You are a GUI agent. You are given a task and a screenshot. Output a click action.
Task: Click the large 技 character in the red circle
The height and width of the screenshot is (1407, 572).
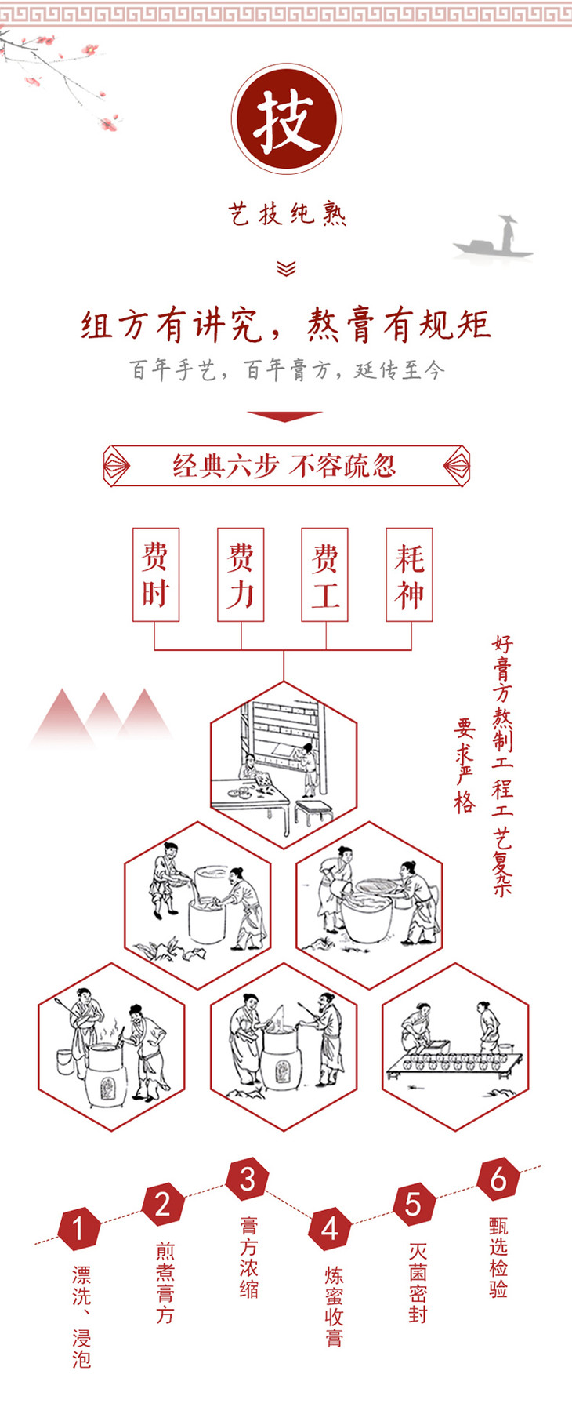(x=287, y=120)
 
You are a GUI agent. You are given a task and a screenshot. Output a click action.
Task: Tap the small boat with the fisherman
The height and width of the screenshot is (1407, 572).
(x=494, y=238)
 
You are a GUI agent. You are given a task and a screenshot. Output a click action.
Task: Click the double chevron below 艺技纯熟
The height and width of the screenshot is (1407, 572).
(x=286, y=268)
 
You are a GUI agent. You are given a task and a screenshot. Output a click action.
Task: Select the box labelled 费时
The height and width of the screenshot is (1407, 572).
(x=156, y=575)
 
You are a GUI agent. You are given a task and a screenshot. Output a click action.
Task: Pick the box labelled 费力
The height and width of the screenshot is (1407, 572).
(x=241, y=575)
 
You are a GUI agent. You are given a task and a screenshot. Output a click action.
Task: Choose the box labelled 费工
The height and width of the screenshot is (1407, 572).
(x=325, y=575)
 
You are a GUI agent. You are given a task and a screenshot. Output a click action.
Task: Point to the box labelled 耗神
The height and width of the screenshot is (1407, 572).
(x=410, y=575)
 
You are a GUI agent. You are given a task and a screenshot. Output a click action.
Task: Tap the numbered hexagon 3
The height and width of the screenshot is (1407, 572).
(x=248, y=1180)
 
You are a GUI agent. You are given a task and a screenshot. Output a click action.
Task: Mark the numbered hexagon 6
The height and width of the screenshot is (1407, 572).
(x=498, y=1180)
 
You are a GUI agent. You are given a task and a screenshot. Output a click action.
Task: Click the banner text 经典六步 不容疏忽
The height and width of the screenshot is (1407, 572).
(x=284, y=466)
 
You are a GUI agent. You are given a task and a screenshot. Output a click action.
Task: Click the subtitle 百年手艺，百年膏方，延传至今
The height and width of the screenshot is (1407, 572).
(x=287, y=369)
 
